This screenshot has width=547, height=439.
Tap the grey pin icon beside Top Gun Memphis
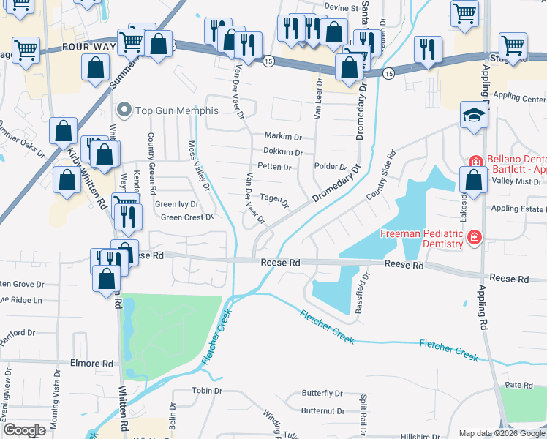tap(124, 110)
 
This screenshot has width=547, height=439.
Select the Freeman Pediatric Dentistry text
tap(422, 238)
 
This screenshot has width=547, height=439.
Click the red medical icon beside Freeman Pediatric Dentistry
tap(475, 236)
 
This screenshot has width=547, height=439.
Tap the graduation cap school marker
tap(474, 116)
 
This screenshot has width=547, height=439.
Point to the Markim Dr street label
tap(283, 137)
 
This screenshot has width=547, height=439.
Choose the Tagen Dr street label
tap(274, 198)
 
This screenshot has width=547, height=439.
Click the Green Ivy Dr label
tap(176, 204)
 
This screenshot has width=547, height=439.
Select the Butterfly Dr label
tap(322, 394)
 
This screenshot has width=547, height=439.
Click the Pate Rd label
tap(518, 385)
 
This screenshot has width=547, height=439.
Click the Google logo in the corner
tap(24, 430)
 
